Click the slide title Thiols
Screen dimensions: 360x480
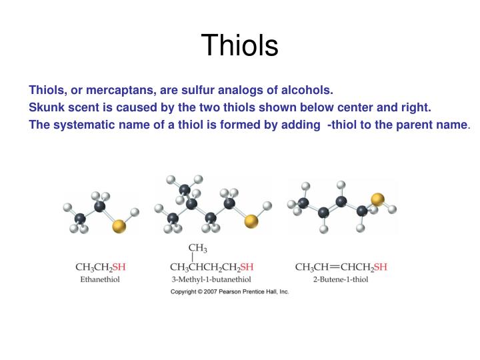[x=239, y=45]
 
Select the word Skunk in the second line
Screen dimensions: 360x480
[x=44, y=107]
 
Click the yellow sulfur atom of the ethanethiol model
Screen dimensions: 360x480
[x=119, y=227]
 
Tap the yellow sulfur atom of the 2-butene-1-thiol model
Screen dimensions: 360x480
[x=377, y=199]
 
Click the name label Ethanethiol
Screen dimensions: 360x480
[x=100, y=279]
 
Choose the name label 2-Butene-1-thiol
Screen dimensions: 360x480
[x=340, y=279]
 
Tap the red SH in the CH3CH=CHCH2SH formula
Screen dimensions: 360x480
[x=380, y=268]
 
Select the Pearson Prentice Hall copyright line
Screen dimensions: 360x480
[x=229, y=292]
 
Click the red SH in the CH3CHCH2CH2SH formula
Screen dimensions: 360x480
[x=246, y=268]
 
